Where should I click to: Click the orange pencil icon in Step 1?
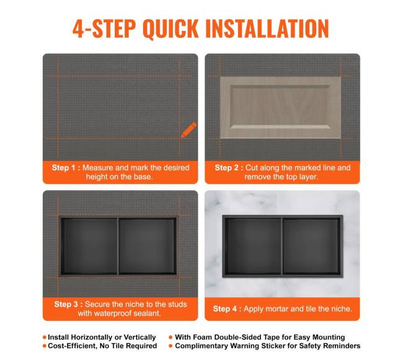point(188,130)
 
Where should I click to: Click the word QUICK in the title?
point(170,29)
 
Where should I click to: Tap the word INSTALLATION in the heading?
point(267,29)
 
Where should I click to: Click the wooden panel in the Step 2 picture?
point(280,107)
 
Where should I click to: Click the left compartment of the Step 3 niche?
point(89,246)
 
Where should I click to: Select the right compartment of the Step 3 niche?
point(148,246)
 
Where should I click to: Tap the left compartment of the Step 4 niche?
point(253,247)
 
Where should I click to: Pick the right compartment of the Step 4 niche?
point(312,247)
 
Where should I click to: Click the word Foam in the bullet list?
point(201,337)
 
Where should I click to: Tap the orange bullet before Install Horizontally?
point(45,337)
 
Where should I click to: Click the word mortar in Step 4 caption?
point(270,309)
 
